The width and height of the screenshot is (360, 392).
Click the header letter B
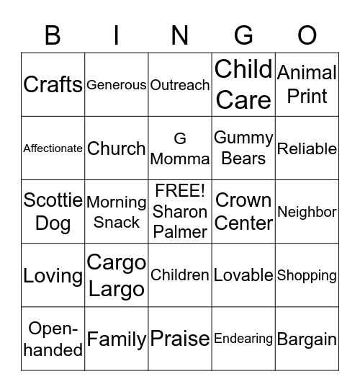(x=53, y=35)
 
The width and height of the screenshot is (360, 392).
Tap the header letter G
(x=244, y=35)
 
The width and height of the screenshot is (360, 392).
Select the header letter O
(x=307, y=35)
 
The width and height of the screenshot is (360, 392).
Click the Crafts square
(x=53, y=84)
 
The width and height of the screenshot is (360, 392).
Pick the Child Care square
(x=243, y=84)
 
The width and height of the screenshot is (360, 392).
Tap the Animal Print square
(x=307, y=84)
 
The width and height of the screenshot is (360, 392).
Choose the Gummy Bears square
(x=243, y=148)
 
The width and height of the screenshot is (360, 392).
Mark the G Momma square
(x=180, y=148)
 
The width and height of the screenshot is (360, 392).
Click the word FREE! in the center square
(x=180, y=192)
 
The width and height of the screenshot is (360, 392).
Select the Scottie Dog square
(x=53, y=211)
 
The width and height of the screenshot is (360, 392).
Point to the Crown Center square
(x=243, y=211)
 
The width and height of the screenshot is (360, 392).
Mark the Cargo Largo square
(x=116, y=275)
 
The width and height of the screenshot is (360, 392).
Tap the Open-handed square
(x=53, y=339)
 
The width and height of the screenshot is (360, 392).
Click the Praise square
(x=180, y=339)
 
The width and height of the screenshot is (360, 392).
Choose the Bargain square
(x=307, y=339)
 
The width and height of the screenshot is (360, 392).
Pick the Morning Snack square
(x=116, y=212)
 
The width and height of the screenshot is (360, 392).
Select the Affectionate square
(x=53, y=148)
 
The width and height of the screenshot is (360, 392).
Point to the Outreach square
(x=180, y=85)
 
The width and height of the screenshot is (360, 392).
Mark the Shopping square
(x=307, y=275)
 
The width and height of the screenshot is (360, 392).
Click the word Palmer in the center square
(x=180, y=231)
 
